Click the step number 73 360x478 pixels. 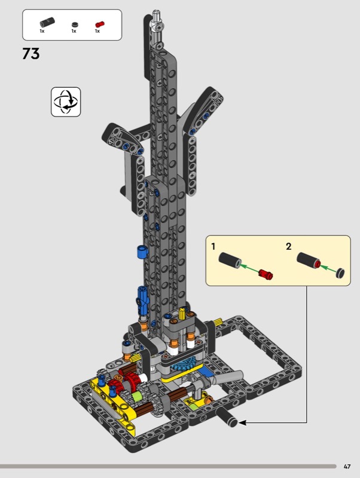click(31, 54)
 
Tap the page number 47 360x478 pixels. click(347, 467)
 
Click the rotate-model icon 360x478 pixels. click(66, 102)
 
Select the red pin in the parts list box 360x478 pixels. click(100, 24)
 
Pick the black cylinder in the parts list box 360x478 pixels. click(47, 22)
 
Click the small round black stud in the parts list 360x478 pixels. click(74, 24)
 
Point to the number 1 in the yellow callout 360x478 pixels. click(213, 246)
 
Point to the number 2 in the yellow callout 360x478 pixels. click(289, 246)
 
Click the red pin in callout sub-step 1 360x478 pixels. click(266, 274)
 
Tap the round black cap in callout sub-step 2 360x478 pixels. click(340, 273)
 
